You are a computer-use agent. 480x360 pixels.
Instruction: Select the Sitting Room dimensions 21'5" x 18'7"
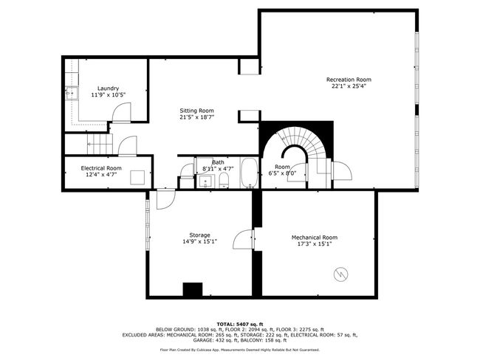(196, 117)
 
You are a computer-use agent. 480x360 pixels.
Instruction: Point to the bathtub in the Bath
(249, 172)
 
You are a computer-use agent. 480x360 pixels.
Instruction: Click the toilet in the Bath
(224, 180)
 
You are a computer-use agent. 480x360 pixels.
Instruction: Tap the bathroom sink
(205, 181)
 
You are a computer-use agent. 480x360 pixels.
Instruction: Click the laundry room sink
(72, 93)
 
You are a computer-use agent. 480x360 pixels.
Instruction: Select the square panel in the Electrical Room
(137, 177)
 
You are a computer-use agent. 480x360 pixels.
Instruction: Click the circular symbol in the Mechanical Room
(340, 274)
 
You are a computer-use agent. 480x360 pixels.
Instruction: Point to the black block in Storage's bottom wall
(193, 289)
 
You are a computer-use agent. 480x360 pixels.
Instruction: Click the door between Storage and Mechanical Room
(244, 239)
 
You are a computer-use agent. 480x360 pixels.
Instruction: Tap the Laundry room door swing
(122, 113)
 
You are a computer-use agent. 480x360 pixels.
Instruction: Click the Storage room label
(199, 235)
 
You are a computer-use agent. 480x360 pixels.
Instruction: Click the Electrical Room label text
(101, 168)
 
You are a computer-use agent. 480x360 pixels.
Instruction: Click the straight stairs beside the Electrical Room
(100, 144)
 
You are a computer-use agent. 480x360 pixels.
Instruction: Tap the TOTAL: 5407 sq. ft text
(240, 324)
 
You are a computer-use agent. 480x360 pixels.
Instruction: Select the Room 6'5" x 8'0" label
(282, 170)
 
